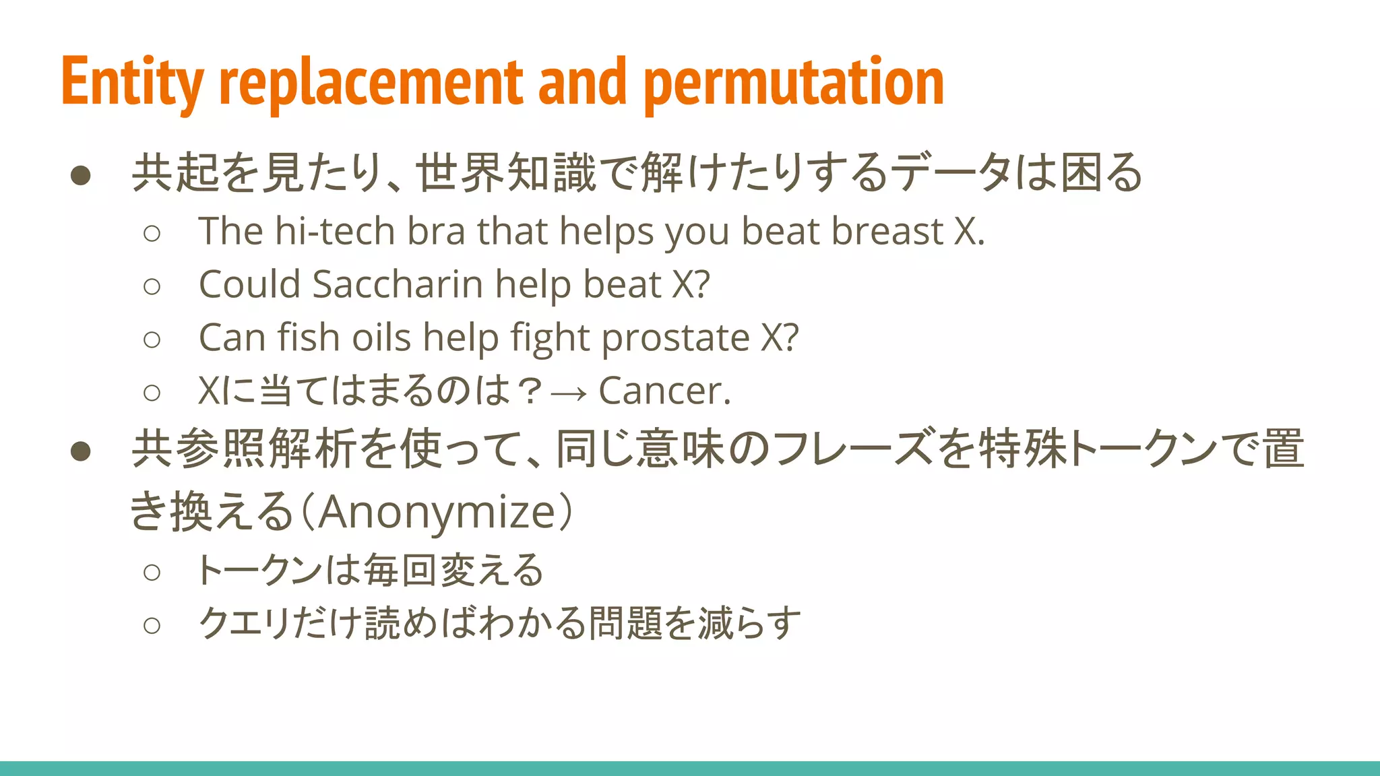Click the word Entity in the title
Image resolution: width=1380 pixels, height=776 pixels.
click(132, 82)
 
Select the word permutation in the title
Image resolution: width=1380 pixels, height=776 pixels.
click(794, 82)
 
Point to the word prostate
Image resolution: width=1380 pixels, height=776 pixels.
click(675, 337)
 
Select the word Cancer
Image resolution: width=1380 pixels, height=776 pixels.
click(664, 391)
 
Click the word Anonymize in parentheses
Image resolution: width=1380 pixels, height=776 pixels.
click(437, 512)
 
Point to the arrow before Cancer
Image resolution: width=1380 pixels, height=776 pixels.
click(569, 392)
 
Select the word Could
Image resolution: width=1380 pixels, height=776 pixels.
click(249, 284)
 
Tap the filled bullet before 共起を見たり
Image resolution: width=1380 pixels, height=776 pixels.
click(81, 175)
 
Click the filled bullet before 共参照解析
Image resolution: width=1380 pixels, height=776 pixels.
click(81, 451)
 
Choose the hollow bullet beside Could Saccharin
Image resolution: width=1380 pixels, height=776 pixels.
click(152, 286)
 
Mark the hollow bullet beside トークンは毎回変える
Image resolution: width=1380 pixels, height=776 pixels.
click(152, 573)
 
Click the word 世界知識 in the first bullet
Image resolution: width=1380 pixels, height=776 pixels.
click(506, 173)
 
